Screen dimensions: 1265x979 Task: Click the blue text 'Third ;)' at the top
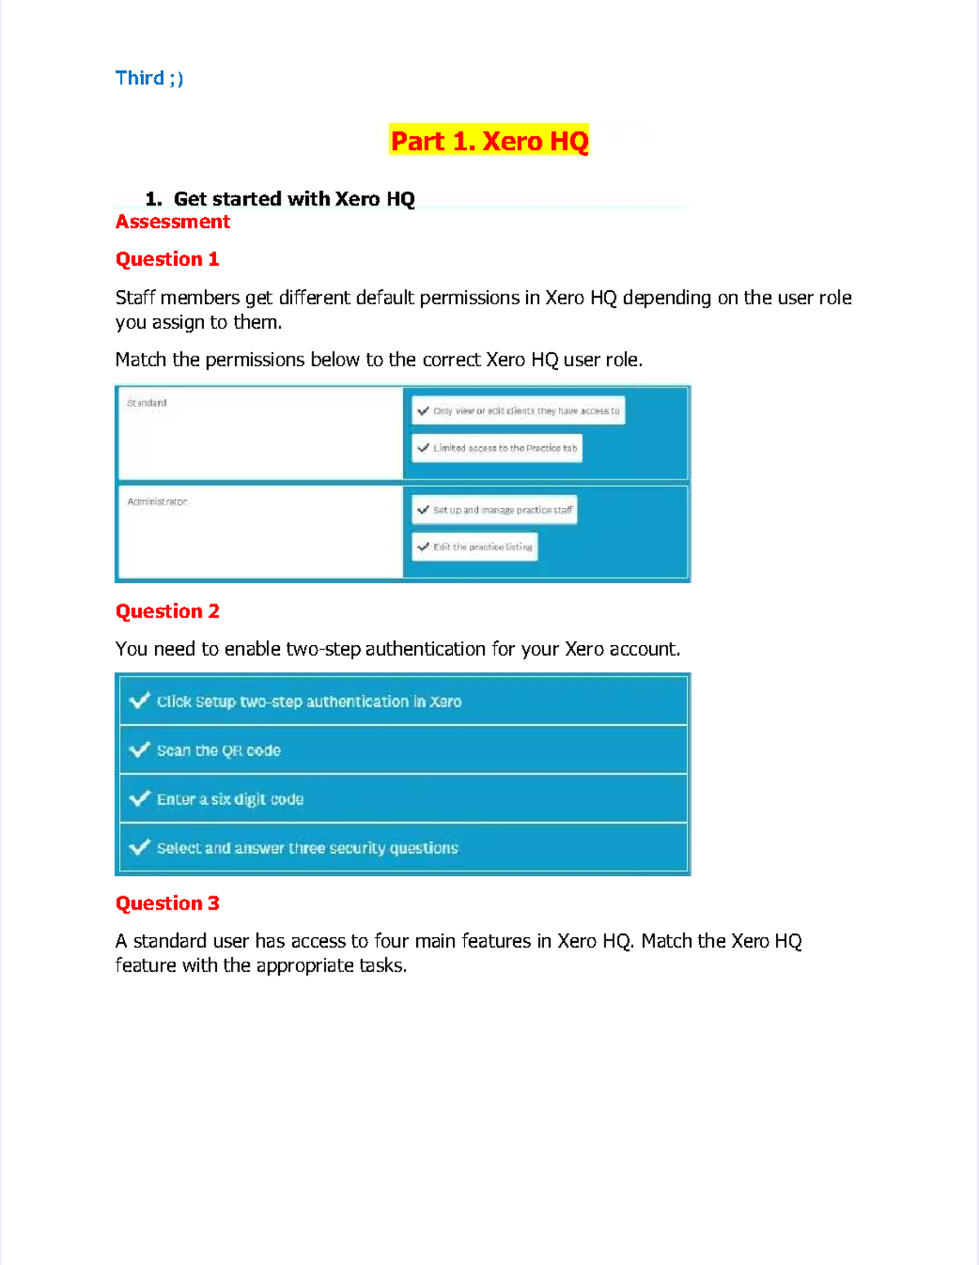[x=149, y=78]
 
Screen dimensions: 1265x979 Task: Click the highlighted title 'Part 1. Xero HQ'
[x=489, y=141]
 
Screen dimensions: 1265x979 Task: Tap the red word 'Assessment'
[x=172, y=222]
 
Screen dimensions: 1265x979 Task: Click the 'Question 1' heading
[x=167, y=259]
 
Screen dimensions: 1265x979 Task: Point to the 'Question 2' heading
[x=167, y=612]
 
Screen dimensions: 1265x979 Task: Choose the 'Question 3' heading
[x=167, y=904]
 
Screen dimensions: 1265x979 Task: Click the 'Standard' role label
[x=147, y=403]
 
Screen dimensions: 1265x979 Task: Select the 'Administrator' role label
[x=157, y=502]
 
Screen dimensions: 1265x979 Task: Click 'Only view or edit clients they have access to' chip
[x=519, y=411]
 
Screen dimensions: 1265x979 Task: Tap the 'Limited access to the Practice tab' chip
[x=498, y=448]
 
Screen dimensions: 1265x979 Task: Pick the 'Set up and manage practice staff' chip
[x=495, y=510]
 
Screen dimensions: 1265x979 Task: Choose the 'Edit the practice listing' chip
[x=476, y=546]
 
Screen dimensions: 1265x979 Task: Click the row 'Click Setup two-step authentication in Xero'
[x=309, y=701]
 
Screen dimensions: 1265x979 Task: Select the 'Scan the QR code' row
[x=219, y=750]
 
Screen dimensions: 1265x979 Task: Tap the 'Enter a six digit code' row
[x=230, y=799]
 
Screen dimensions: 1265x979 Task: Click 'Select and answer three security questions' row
[x=308, y=848]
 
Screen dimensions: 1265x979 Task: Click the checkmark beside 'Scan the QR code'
[x=140, y=749]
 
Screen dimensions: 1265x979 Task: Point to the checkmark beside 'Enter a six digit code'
[x=140, y=798]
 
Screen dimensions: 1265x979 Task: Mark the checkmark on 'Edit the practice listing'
[x=423, y=546]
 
